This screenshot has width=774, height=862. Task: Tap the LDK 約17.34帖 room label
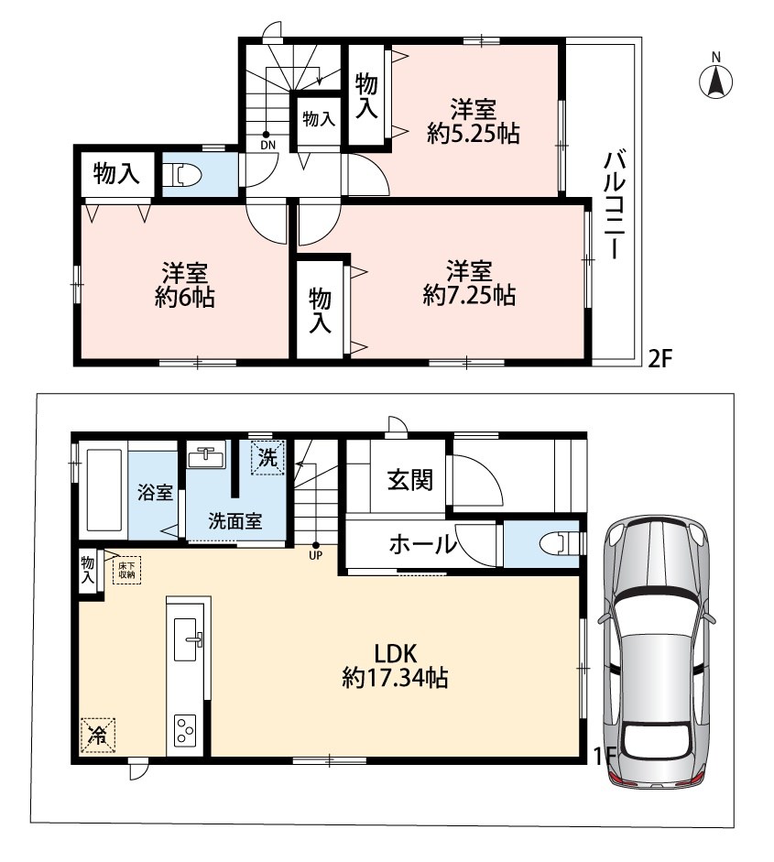click(395, 666)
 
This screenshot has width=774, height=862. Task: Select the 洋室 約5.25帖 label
click(474, 121)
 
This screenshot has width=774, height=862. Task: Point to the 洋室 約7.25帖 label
click(469, 282)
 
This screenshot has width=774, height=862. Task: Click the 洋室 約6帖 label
click(185, 285)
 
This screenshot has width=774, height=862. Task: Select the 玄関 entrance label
click(410, 479)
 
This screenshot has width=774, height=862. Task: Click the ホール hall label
click(423, 544)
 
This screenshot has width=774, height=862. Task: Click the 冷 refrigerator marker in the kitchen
click(98, 735)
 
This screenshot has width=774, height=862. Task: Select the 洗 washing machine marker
click(267, 457)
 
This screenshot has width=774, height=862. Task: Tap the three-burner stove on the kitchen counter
click(185, 730)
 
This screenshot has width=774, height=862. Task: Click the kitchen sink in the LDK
click(186, 639)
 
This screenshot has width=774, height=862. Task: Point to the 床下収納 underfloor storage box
click(126, 570)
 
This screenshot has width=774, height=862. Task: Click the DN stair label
click(267, 145)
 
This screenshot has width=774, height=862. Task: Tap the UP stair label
click(315, 555)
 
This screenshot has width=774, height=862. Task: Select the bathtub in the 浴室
click(104, 491)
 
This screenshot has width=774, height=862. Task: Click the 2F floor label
click(660, 358)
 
